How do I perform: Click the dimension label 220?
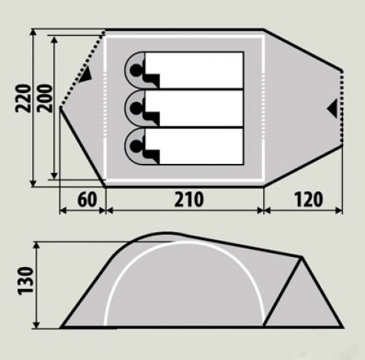pos(23,98)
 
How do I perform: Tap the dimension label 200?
pos(45,98)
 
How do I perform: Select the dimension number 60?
pos(87,200)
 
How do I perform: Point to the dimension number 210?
pos(189,200)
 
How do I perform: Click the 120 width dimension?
pos(309,200)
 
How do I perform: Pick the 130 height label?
pos(26,281)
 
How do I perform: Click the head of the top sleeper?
pos(136,70)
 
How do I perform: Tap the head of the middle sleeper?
pos(136,108)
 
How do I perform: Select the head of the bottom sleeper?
pos(136,146)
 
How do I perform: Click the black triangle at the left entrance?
pos(86,74)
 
